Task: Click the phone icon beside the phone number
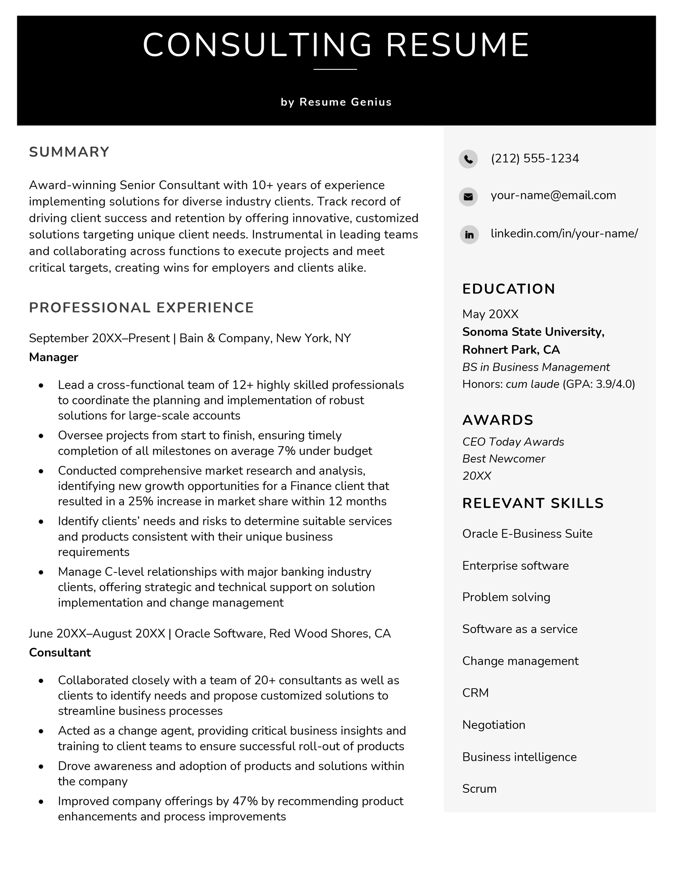pyautogui.click(x=468, y=159)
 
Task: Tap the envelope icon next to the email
pyautogui.click(x=468, y=196)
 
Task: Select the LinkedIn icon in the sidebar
pyautogui.click(x=469, y=234)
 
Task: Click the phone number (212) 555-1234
pyautogui.click(x=535, y=159)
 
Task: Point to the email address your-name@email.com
pyautogui.click(x=553, y=195)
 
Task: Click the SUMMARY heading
pyautogui.click(x=69, y=152)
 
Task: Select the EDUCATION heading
pyautogui.click(x=509, y=289)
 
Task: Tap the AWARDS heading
pyautogui.click(x=498, y=420)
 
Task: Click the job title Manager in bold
pyautogui.click(x=53, y=357)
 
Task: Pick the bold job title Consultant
pyautogui.click(x=60, y=652)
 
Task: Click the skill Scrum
pyautogui.click(x=479, y=789)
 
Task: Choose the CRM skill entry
pyautogui.click(x=475, y=693)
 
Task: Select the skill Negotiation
pyautogui.click(x=494, y=725)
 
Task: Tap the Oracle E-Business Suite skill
pyautogui.click(x=527, y=534)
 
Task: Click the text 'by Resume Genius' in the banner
pyautogui.click(x=336, y=102)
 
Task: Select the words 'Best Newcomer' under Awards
pyautogui.click(x=503, y=458)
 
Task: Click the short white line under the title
pyautogui.click(x=335, y=69)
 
